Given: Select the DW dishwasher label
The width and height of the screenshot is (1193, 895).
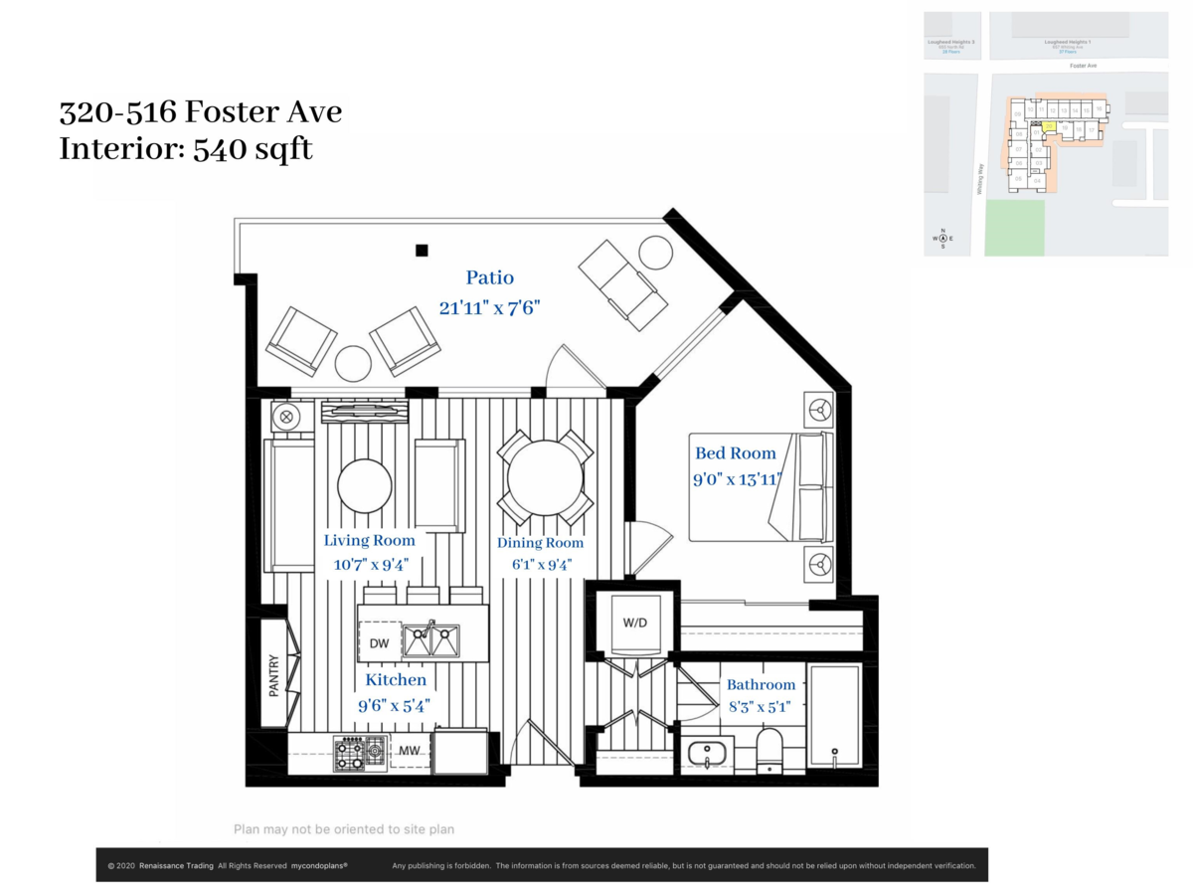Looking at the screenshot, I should [x=379, y=643].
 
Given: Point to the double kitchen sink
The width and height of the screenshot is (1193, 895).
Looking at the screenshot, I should [x=430, y=640].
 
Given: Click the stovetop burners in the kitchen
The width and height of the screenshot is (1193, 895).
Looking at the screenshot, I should [x=359, y=753].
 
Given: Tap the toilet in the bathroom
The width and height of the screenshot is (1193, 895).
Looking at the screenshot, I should [x=770, y=750].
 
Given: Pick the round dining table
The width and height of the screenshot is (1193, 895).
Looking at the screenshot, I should [x=538, y=477].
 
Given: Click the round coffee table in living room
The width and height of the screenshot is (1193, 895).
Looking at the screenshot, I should [x=364, y=485].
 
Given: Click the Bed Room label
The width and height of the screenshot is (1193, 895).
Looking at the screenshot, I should [x=735, y=453].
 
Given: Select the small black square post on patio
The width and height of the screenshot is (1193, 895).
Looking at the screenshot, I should [x=423, y=251].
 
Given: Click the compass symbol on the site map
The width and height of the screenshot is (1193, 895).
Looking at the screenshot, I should [x=942, y=239].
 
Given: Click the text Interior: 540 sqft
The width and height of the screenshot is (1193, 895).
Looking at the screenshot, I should [x=186, y=149].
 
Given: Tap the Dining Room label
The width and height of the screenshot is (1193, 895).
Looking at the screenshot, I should [x=540, y=543].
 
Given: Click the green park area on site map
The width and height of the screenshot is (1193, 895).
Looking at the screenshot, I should [x=1015, y=227].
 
